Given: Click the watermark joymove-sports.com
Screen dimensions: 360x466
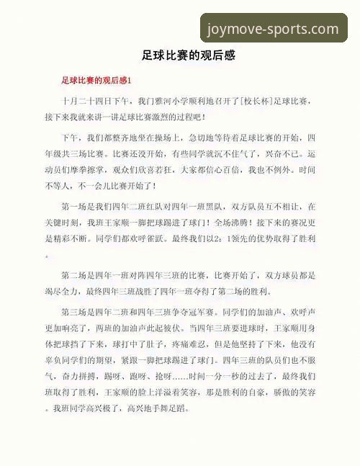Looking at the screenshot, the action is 272,30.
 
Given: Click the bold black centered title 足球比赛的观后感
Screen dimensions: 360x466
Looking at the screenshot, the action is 180,55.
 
